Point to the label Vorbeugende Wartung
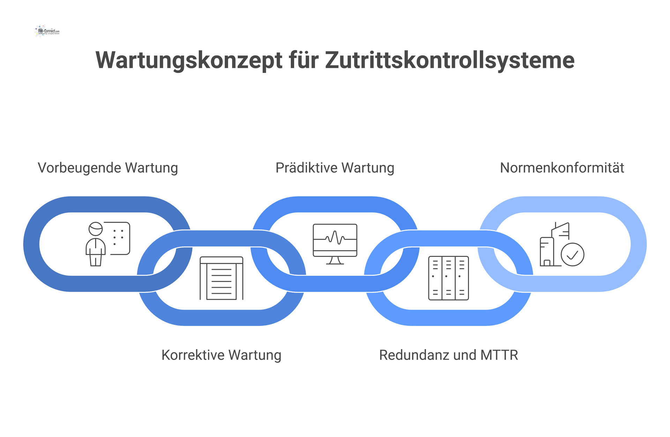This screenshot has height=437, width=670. point(108,168)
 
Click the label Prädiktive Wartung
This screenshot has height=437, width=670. point(335,168)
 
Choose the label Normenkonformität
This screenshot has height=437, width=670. point(562,168)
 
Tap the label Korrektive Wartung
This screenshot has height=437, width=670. point(221,355)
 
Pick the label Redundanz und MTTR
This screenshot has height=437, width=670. point(448,355)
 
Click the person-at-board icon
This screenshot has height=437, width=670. point(108,244)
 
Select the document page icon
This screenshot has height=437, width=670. point(221,278)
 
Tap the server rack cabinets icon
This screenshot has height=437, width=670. point(448,278)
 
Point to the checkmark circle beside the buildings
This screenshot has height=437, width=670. point(572,255)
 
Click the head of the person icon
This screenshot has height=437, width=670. point(96,229)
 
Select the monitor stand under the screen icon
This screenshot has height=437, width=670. point(335,260)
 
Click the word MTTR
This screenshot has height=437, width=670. point(499,355)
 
